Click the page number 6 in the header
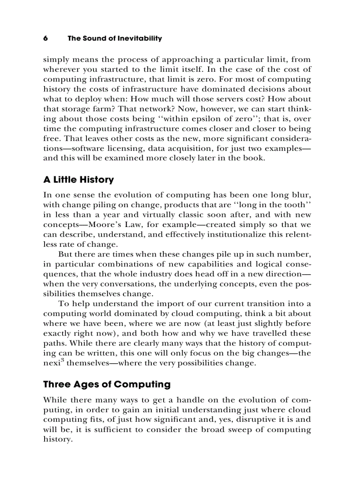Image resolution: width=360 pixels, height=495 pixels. [x=45, y=38]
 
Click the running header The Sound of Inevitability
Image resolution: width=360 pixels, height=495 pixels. [x=114, y=38]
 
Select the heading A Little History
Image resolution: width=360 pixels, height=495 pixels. [x=78, y=180]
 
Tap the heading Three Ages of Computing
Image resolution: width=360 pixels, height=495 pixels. [x=106, y=384]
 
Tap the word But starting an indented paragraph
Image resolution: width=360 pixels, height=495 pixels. [x=65, y=254]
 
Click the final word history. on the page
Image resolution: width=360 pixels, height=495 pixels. [x=57, y=439]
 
